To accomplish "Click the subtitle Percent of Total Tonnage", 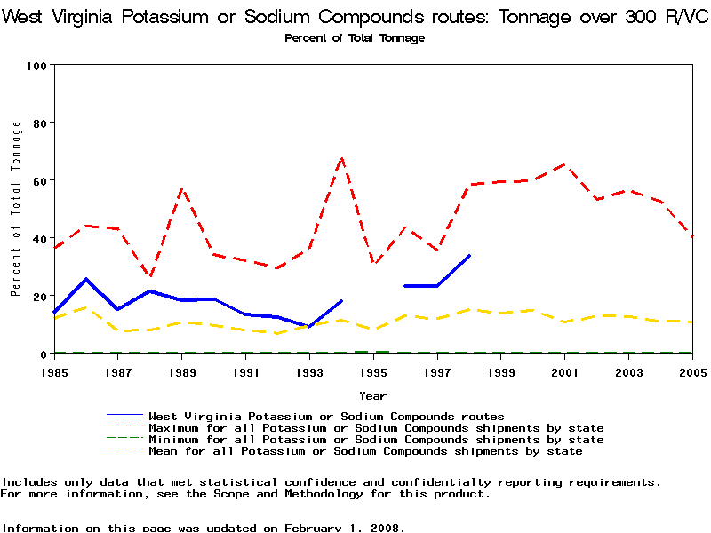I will [x=355, y=38].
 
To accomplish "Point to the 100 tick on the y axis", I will [x=36, y=66].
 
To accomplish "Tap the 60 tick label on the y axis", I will [x=39, y=181].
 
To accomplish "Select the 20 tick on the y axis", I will [x=39, y=297].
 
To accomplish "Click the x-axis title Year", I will [x=372, y=395].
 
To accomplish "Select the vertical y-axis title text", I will [x=15, y=210].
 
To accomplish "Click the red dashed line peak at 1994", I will [x=341, y=158].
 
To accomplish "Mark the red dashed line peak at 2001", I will [x=564, y=164].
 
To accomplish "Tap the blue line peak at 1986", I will [x=86, y=279].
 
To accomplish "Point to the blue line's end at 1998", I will [x=469, y=256].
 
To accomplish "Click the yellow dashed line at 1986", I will [x=86, y=307].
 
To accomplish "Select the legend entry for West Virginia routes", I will [x=326, y=416].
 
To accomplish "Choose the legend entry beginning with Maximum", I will [x=376, y=428].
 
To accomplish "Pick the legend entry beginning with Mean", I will [x=365, y=451].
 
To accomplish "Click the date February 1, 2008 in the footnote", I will [x=343, y=528].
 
